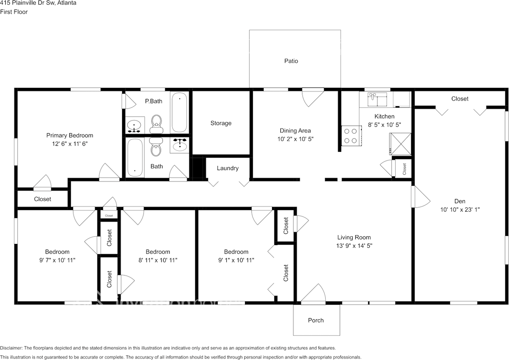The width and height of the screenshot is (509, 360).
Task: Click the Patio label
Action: coord(291,61)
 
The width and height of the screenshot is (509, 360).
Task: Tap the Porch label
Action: coord(316,320)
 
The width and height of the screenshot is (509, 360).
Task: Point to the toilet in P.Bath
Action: coord(157,124)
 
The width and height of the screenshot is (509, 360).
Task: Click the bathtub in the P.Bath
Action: coord(179,112)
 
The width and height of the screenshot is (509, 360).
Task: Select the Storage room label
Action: coord(221,123)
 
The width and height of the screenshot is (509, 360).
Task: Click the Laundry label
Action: coord(227,168)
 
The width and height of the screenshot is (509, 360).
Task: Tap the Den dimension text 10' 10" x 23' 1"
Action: coord(460,210)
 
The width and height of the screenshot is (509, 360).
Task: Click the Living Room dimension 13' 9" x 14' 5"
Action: coord(354,246)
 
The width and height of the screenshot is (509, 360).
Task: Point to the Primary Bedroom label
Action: coord(70,135)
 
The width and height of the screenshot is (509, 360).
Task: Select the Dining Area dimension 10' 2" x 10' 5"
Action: coord(295,139)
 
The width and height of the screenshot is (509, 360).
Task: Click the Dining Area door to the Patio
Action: coord(313,96)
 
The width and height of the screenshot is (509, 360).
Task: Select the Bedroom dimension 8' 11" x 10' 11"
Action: coord(157,260)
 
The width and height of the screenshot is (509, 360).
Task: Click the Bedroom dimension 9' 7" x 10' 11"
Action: coord(57,260)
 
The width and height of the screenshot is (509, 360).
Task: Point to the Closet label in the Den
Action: coord(460,99)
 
